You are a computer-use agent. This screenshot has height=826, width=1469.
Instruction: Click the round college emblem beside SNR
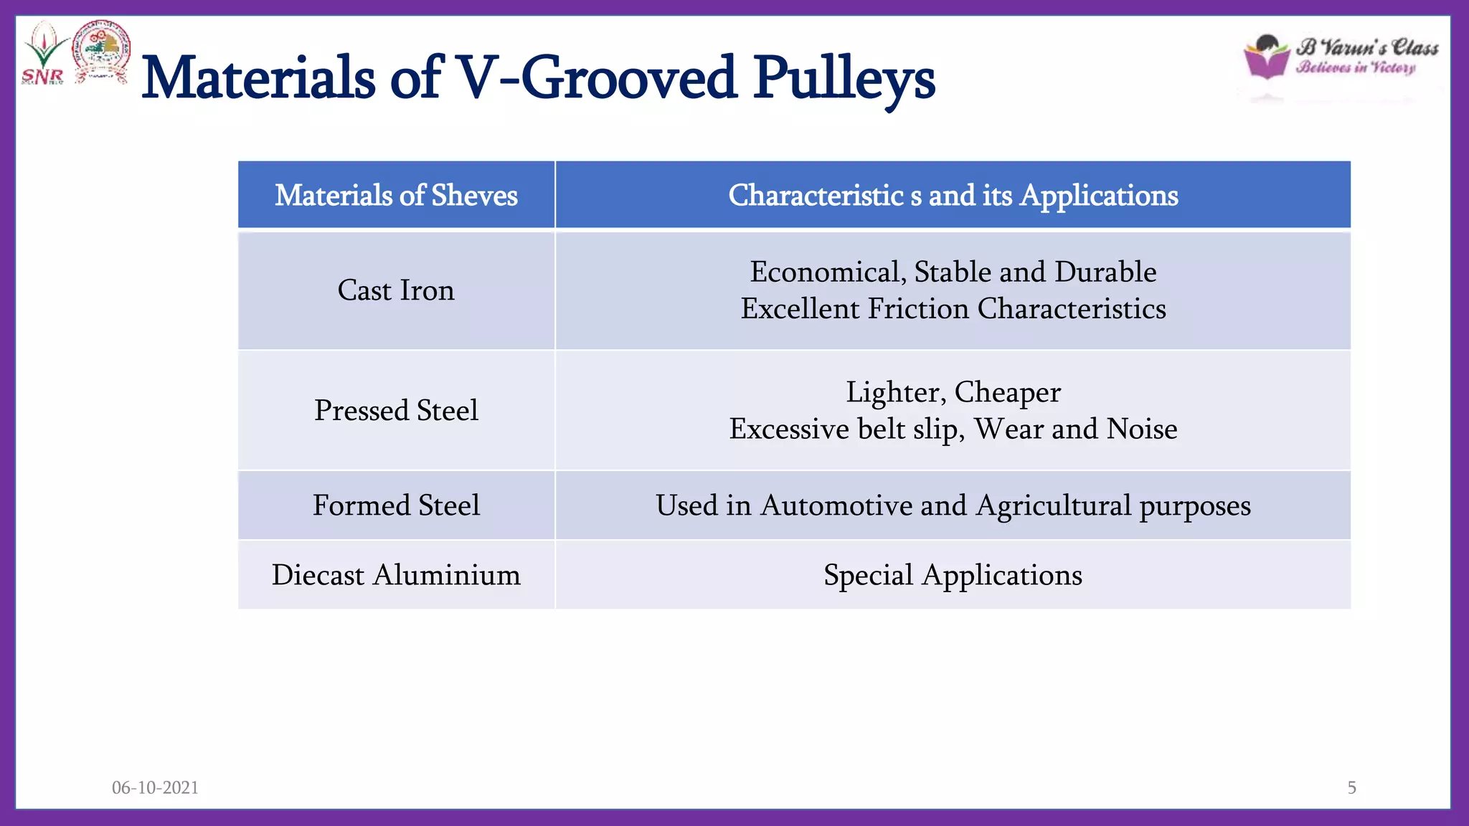[x=102, y=52]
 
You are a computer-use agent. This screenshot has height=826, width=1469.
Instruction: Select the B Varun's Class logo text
[x=1366, y=47]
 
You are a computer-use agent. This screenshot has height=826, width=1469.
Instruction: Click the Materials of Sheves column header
[x=396, y=195]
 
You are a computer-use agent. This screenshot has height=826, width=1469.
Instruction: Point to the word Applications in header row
[x=1099, y=195]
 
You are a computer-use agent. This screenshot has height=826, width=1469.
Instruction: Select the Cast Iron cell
[x=396, y=290]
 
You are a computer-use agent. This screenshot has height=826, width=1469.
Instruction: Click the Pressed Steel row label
[x=396, y=410]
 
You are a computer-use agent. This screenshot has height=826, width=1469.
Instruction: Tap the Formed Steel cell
[x=396, y=505]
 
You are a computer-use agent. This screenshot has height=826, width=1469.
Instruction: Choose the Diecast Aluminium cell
[x=396, y=575]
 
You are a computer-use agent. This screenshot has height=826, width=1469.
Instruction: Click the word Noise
[x=1142, y=429]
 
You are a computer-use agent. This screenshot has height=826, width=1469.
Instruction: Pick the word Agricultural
[x=1053, y=505]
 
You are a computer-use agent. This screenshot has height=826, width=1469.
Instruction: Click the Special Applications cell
[x=953, y=575]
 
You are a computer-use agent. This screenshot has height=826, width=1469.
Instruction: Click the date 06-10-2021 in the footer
[x=155, y=787]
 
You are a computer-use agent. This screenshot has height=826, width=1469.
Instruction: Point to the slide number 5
[x=1351, y=787]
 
